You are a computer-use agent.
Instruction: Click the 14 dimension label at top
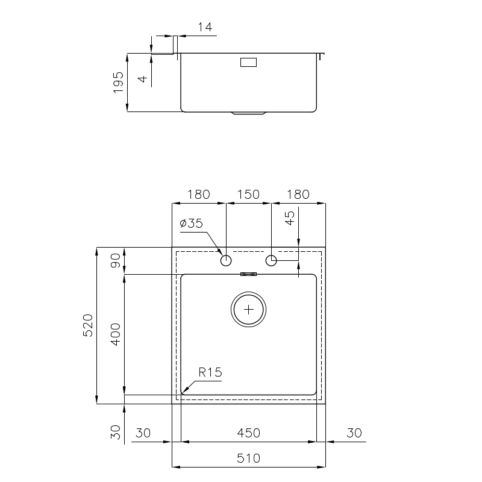205,27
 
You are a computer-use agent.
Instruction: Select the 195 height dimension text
118,83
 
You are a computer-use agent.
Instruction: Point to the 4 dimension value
143,79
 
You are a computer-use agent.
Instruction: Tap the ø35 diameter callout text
191,223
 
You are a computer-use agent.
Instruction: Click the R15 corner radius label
210,372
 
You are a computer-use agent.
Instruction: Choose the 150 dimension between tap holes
248,194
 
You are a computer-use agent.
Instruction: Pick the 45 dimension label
290,218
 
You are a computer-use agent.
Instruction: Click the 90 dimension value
116,260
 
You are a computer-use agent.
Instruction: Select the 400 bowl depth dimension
116,334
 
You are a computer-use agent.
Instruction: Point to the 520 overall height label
88,325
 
